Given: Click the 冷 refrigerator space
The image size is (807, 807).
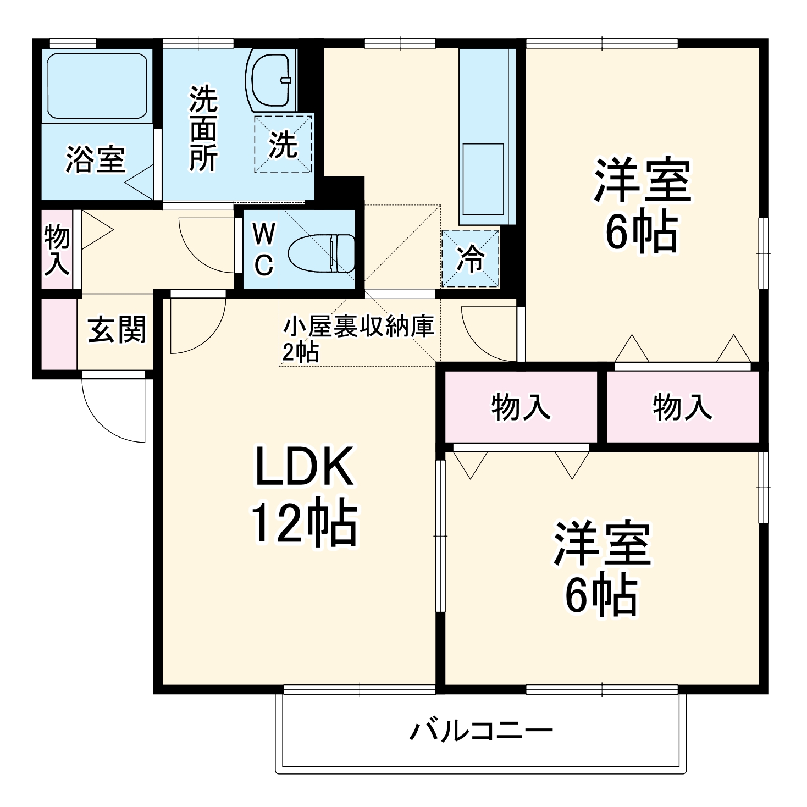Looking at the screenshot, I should tap(471, 258).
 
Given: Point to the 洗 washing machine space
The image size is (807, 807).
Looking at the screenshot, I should tap(283, 144).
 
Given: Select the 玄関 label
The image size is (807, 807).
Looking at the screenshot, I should tap(117, 330).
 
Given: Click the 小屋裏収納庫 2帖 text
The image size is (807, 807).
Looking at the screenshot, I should tap(358, 339).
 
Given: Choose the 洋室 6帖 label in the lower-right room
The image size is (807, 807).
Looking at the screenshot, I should tap(602, 569).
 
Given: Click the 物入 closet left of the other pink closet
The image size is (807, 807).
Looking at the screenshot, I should tap(521, 407).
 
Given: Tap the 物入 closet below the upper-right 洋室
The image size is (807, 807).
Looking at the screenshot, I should tap(682, 407).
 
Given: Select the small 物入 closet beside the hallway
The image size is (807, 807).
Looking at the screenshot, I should tap(57, 250).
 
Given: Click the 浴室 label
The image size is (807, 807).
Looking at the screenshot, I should tap(96, 159).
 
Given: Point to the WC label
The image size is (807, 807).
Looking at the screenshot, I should tap(263, 251).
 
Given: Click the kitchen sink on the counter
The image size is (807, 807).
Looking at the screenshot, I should tap(483, 179).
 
